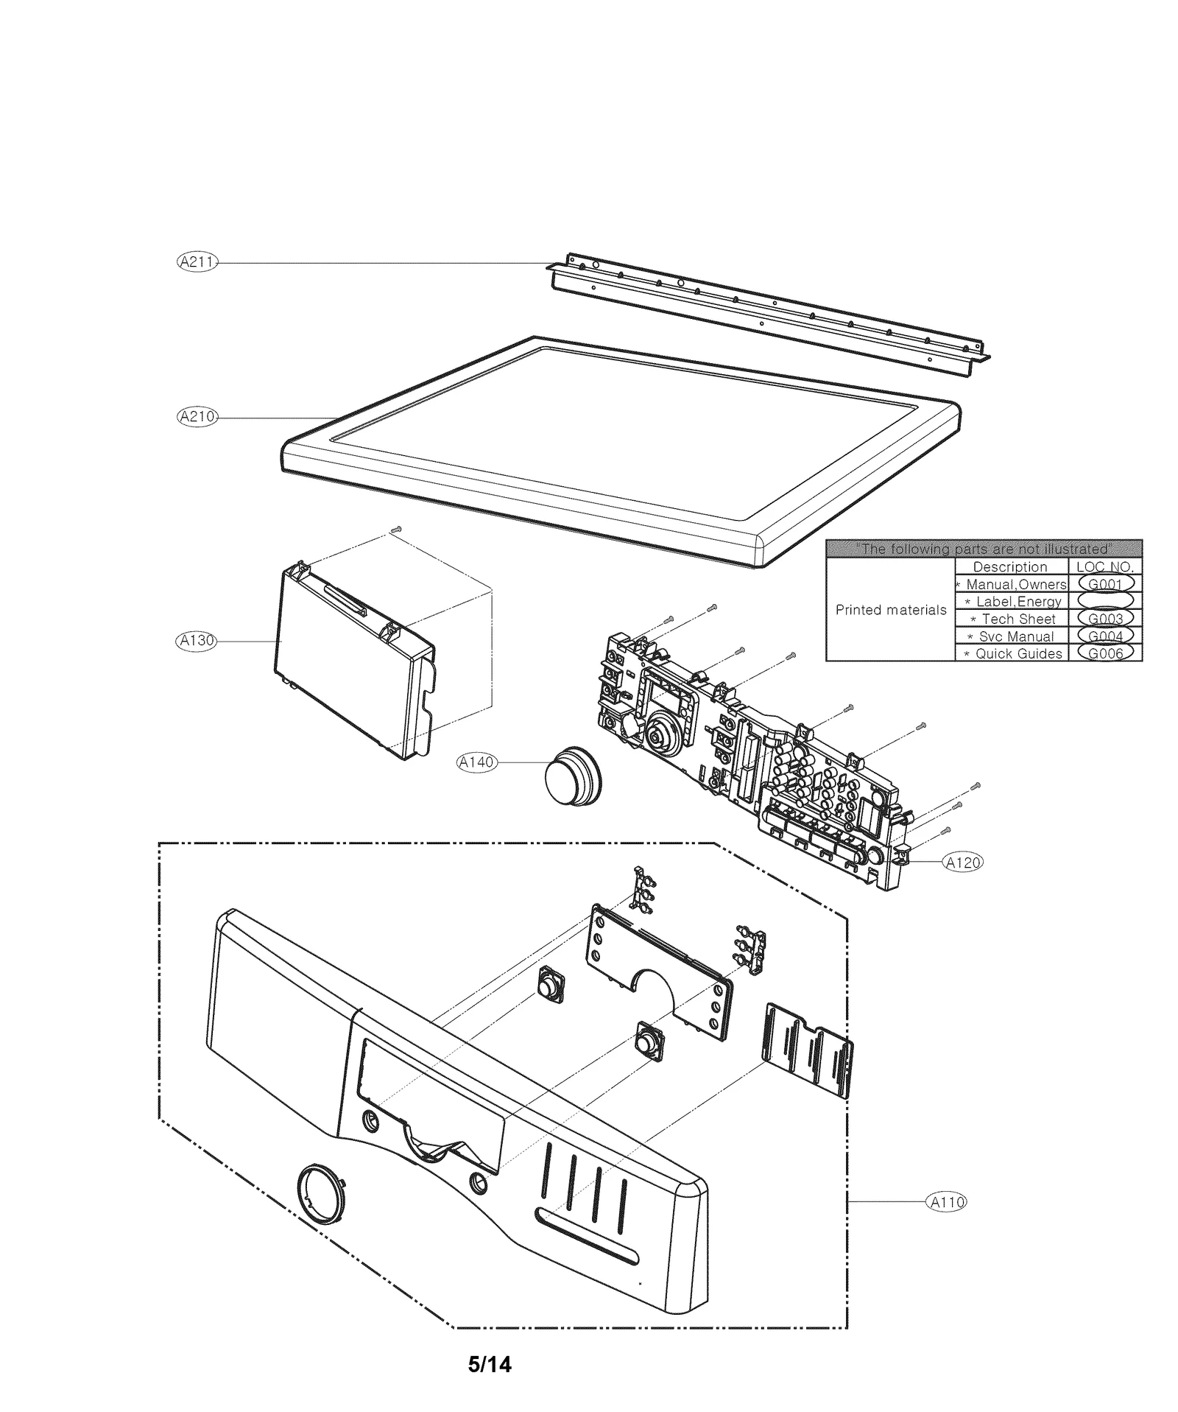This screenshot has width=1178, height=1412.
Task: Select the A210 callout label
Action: (197, 417)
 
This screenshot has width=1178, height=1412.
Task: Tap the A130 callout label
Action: (196, 641)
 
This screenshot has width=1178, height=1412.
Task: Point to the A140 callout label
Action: (476, 762)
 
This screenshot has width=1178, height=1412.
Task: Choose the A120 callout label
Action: (963, 863)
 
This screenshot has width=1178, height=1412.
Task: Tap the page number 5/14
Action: (490, 1365)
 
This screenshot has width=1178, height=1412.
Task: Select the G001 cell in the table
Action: (1105, 584)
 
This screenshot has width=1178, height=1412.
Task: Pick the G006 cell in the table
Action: (1105, 653)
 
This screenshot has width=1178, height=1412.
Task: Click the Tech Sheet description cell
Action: (1012, 619)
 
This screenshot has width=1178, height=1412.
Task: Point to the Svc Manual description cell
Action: (1012, 636)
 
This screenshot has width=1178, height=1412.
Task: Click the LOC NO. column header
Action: (1105, 567)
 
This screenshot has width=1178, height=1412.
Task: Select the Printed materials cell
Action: (891, 610)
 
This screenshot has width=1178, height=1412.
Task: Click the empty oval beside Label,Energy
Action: (1105, 602)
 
